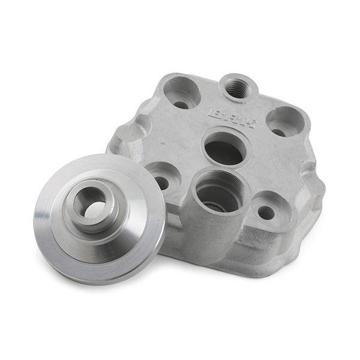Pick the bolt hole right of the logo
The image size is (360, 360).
284,124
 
